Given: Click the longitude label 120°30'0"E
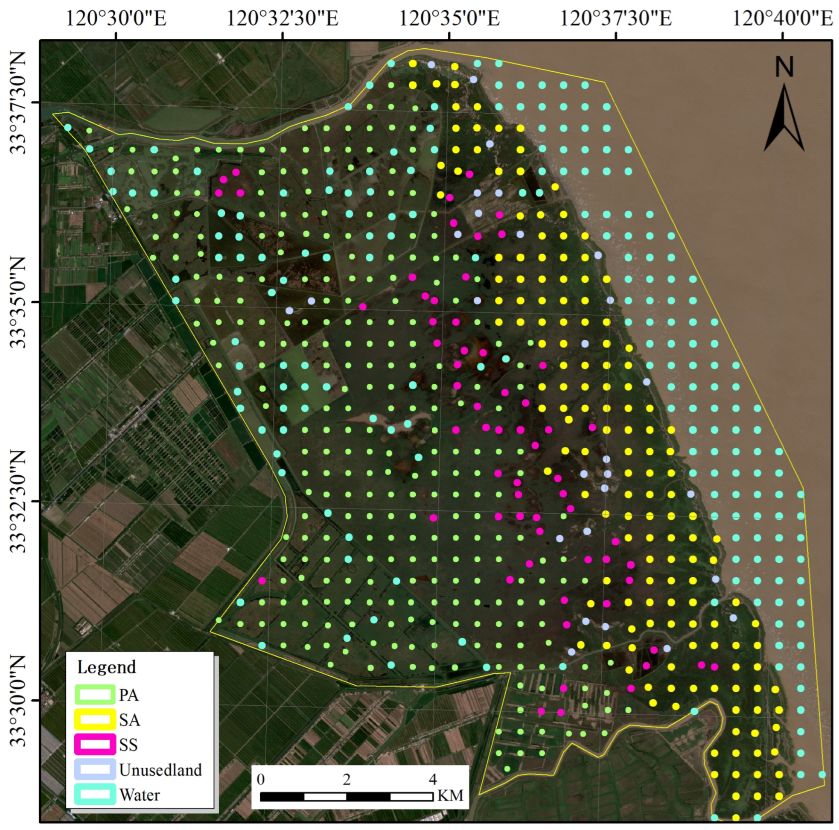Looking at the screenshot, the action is tap(116, 19).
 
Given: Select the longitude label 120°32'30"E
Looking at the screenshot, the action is tap(282, 19).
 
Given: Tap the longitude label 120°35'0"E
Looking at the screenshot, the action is tap(449, 19).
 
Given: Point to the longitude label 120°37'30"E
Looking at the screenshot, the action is tap(616, 19).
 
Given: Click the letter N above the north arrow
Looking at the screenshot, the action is tap(784, 67).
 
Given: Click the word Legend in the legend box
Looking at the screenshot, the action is tap(106, 667).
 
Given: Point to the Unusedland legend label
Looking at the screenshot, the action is tap(161, 770).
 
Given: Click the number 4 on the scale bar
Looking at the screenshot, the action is tap(433, 779).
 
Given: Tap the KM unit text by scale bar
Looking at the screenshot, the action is tap(451, 795).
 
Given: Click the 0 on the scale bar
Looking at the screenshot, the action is tap(261, 779).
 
